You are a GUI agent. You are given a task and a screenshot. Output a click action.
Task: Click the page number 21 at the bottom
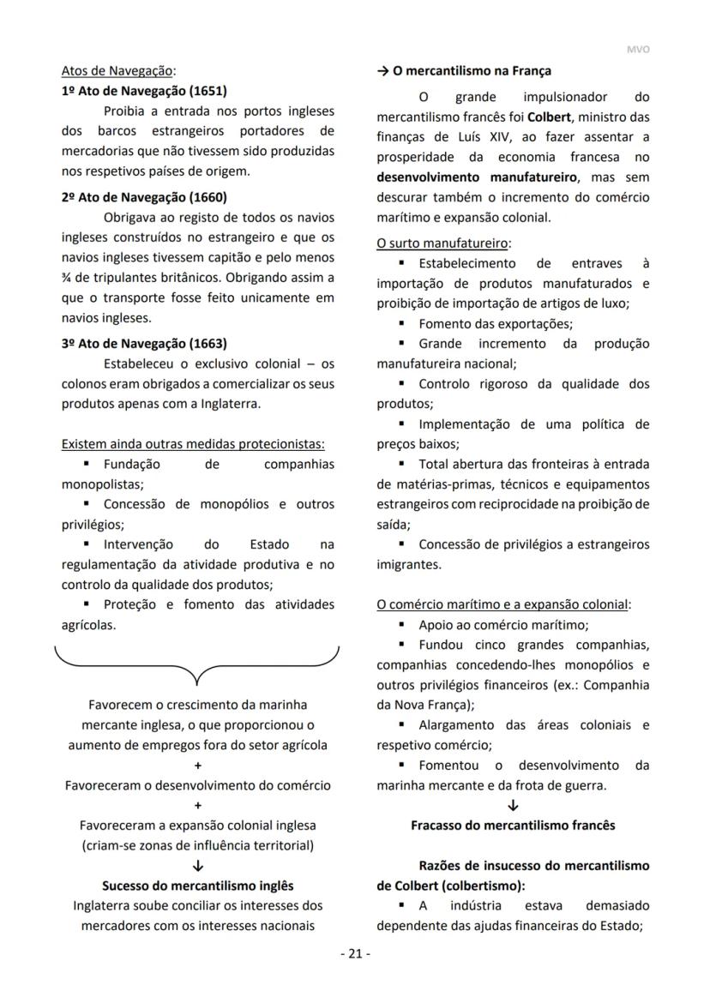click(x=355, y=953)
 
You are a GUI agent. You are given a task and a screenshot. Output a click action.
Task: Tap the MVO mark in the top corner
click(x=639, y=50)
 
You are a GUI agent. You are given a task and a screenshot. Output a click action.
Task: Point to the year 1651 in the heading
click(x=208, y=91)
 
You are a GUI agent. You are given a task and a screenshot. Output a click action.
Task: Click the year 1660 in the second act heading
click(x=208, y=196)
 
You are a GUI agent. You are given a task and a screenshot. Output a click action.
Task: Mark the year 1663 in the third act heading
click(x=208, y=344)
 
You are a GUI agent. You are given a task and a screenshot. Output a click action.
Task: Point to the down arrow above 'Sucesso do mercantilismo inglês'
click(x=197, y=866)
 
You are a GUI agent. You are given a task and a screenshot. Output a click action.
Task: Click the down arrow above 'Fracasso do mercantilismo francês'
click(x=513, y=805)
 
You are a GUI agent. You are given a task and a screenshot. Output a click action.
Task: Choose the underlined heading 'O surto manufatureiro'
click(x=442, y=243)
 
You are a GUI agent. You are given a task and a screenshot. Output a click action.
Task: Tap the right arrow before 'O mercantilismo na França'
click(x=382, y=70)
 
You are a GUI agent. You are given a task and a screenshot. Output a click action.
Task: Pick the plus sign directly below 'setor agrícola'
click(x=197, y=766)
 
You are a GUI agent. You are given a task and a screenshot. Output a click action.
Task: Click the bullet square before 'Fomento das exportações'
click(x=401, y=324)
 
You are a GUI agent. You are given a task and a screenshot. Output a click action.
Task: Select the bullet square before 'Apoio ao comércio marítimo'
click(x=401, y=625)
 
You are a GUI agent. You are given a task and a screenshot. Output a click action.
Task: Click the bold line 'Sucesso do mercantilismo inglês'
click(x=197, y=886)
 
